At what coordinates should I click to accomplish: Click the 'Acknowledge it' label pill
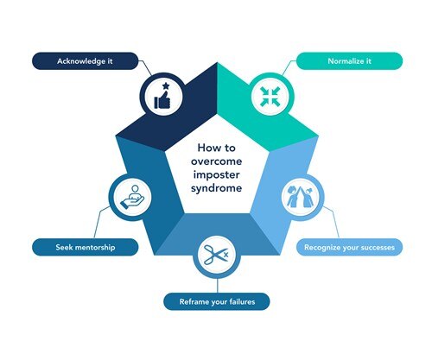click(x=85, y=61)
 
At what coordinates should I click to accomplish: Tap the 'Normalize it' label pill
click(x=349, y=61)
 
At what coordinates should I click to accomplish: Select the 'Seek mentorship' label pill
click(x=86, y=247)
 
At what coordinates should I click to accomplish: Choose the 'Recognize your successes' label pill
click(x=349, y=247)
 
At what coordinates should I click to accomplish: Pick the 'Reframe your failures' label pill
click(x=217, y=301)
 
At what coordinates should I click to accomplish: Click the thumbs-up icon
click(x=162, y=99)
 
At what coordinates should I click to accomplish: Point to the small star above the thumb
click(x=166, y=85)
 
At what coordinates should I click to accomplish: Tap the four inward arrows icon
click(x=270, y=97)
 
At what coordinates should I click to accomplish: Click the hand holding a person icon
click(x=132, y=197)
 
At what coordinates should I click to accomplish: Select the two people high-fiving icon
click(x=300, y=197)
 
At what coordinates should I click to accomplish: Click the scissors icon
click(x=213, y=255)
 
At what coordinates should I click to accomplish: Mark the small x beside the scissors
click(x=226, y=255)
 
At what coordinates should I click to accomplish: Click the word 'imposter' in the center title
click(x=216, y=174)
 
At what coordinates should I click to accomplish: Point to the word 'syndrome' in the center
click(x=216, y=188)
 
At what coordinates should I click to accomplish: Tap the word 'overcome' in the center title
click(x=216, y=161)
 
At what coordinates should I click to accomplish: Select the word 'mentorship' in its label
click(x=95, y=247)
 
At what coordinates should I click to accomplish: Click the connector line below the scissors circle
click(x=217, y=286)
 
